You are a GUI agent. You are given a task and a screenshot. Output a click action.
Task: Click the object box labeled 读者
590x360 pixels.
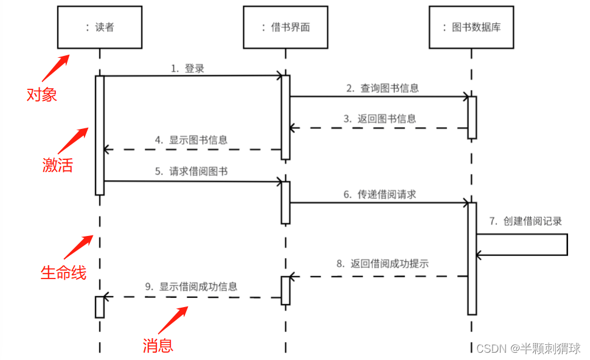point(100,27)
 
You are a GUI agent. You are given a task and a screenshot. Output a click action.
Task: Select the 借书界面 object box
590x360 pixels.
point(286,27)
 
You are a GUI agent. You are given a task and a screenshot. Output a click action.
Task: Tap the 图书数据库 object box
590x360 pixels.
point(471,27)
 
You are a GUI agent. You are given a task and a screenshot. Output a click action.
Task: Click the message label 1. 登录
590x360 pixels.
point(187,69)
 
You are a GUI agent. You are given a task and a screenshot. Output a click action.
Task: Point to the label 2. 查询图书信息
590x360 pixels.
point(383,88)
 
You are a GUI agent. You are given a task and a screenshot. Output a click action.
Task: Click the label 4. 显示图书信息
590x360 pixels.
point(191,140)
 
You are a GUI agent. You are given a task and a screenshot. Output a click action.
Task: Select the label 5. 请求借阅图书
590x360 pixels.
point(191,171)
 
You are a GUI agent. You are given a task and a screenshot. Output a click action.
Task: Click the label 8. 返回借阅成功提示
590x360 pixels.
point(383,264)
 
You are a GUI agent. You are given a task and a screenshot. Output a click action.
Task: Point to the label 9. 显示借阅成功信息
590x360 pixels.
point(191,286)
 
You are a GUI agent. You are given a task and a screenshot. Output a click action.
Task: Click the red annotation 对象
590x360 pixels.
point(42,95)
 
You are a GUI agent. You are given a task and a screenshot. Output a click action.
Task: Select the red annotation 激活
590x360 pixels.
point(57,165)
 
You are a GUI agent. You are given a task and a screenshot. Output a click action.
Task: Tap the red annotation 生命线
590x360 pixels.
point(63,272)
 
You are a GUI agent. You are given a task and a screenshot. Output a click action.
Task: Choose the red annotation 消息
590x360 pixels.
point(158,345)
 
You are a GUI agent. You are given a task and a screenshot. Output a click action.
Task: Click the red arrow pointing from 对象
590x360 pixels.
point(55,68)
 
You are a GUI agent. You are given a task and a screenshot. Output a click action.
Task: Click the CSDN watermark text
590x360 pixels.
point(528,348)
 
